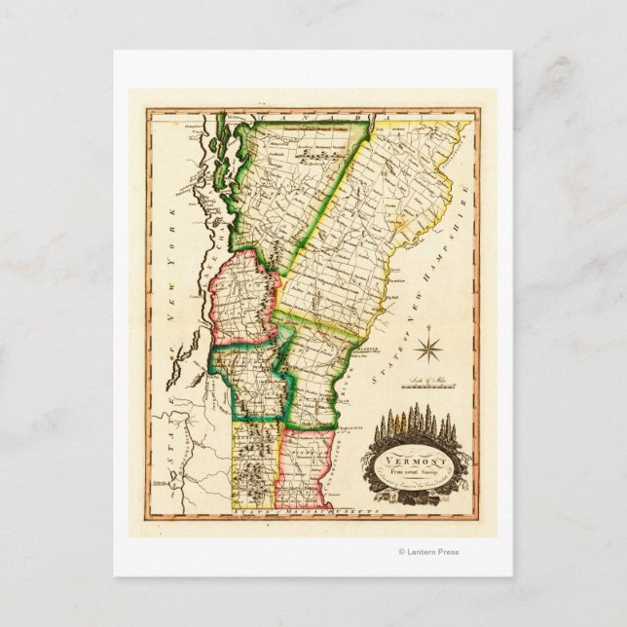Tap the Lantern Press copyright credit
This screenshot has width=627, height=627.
click(428, 552)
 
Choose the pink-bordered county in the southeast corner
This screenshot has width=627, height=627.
click(307, 465)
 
